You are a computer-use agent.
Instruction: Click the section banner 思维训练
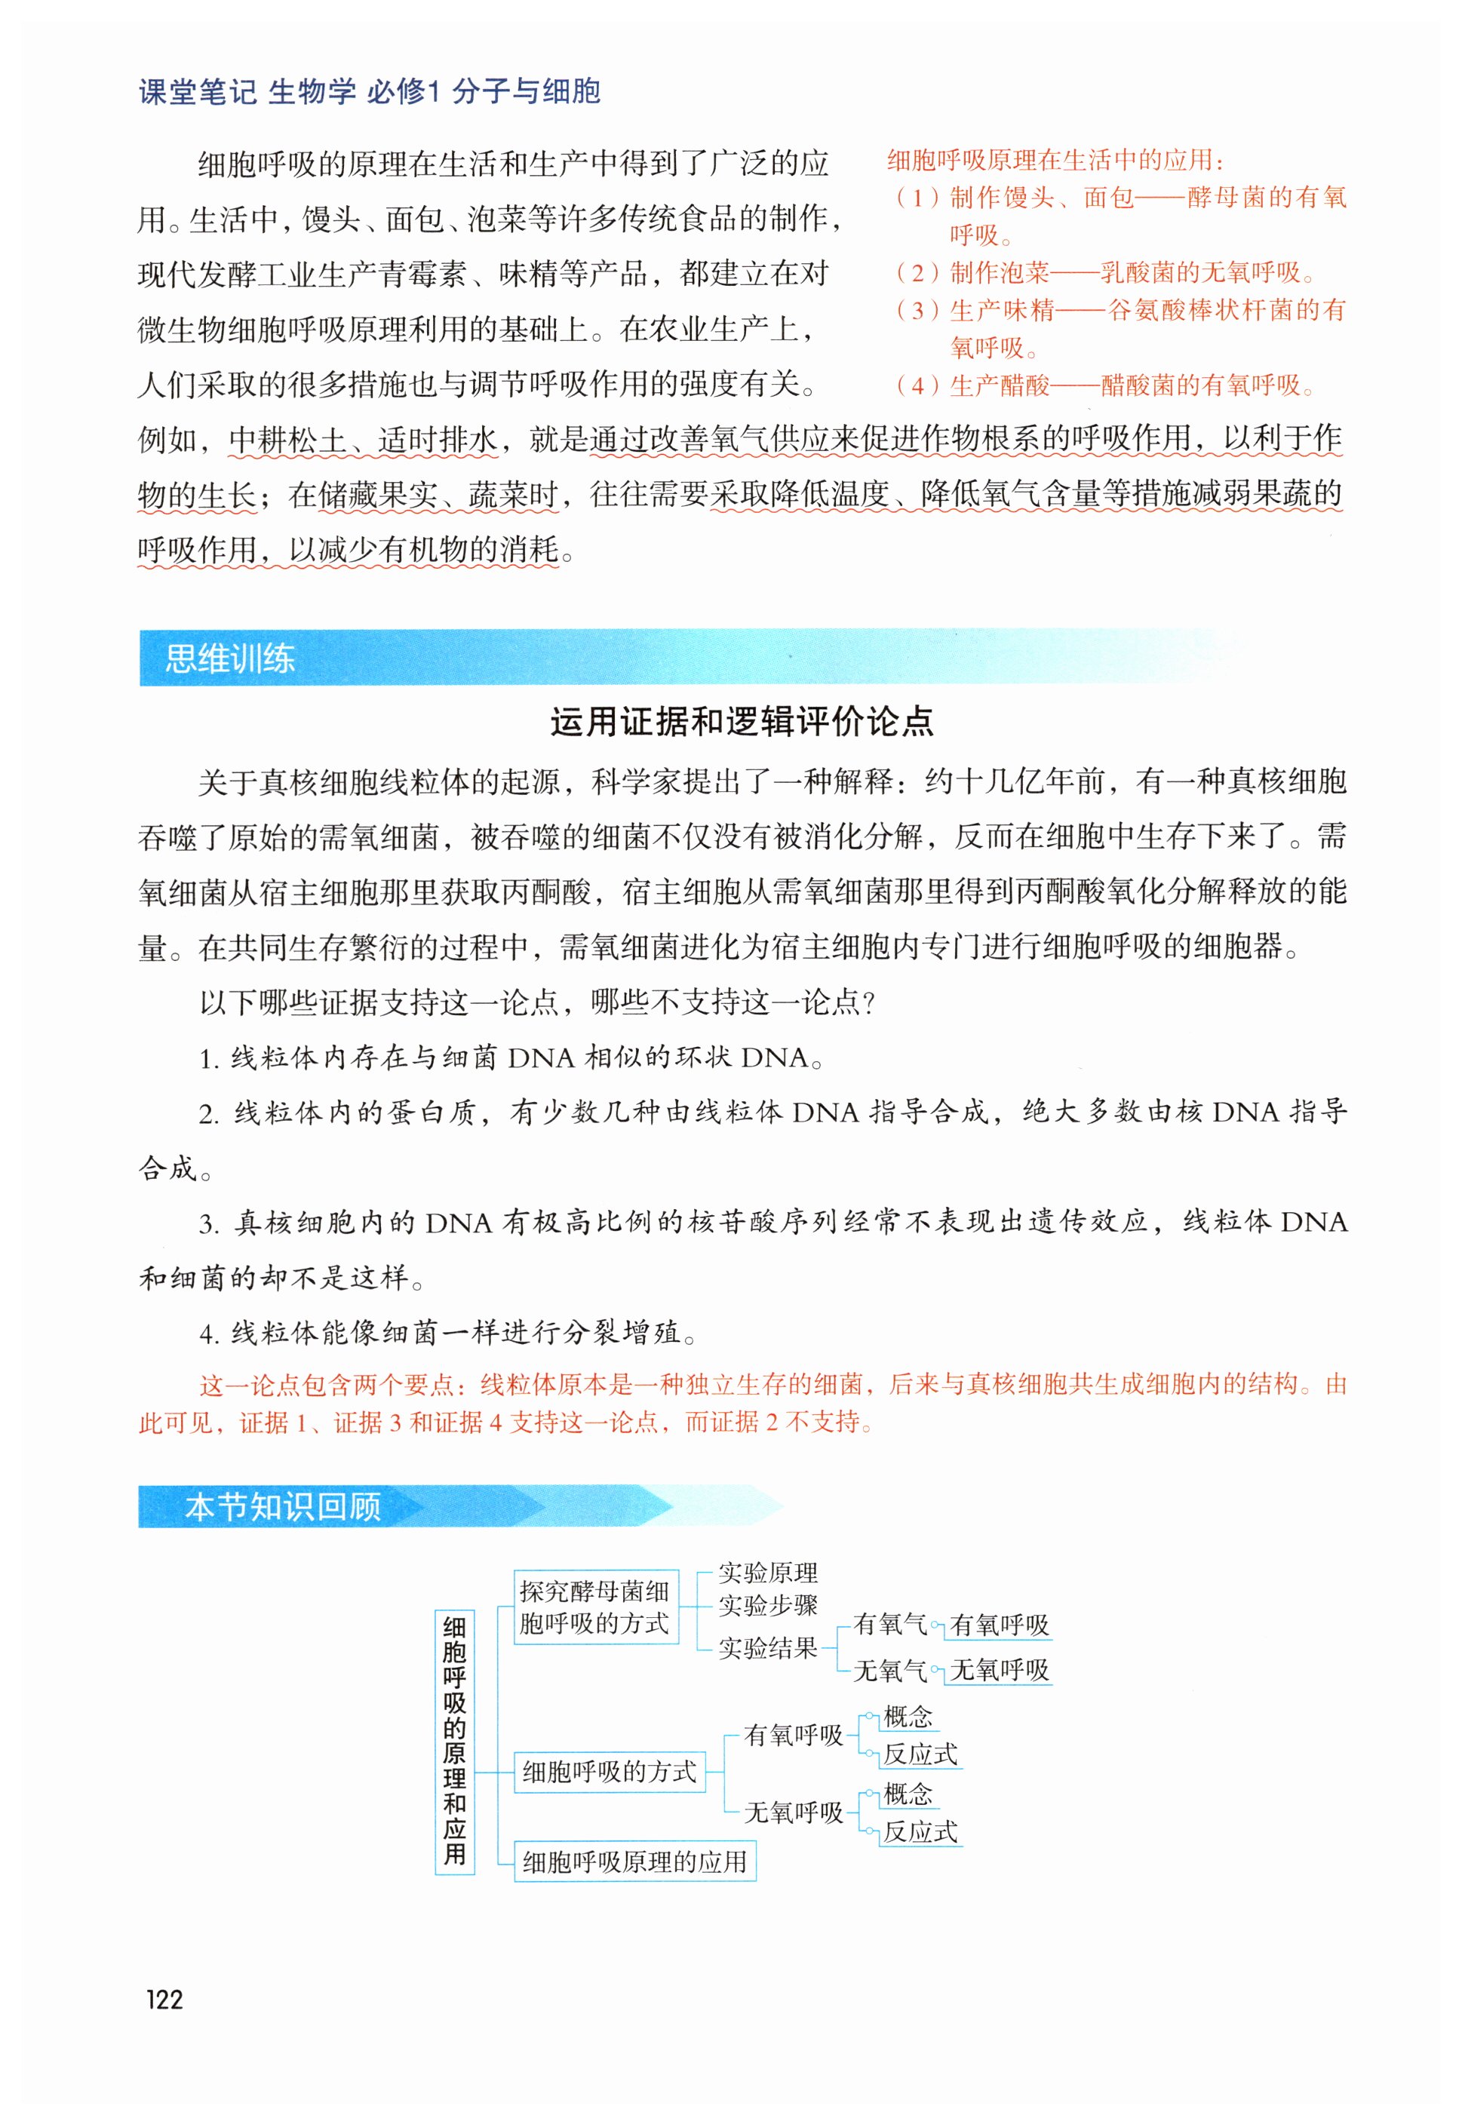tap(230, 658)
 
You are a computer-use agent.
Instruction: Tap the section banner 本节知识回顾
tap(282, 1507)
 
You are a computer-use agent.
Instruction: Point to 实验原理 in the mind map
tap(768, 1573)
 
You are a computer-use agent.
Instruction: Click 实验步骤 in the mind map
tap(768, 1606)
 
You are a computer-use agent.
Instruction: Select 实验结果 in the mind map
tap(768, 1649)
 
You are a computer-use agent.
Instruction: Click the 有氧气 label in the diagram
tap(889, 1625)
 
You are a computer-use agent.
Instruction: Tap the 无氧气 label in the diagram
tap(889, 1671)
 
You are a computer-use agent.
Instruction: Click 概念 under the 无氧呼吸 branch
tap(908, 1794)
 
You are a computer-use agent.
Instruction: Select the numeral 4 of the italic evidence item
tap(209, 1334)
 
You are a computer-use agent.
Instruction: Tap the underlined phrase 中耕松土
tap(287, 440)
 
